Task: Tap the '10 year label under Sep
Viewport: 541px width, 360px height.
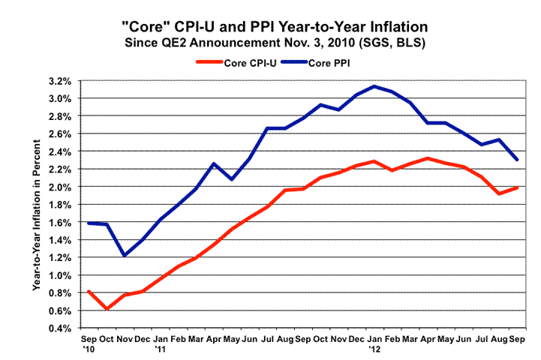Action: pyautogui.click(x=88, y=349)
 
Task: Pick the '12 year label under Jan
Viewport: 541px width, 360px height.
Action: pyautogui.click(x=374, y=349)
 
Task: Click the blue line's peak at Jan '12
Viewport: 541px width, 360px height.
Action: pyautogui.click(x=374, y=86)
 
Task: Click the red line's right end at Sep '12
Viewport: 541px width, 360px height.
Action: pyautogui.click(x=517, y=187)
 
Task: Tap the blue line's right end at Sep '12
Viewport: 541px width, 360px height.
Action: pyautogui.click(x=517, y=160)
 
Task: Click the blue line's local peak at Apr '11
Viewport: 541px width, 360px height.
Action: pyautogui.click(x=214, y=163)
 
